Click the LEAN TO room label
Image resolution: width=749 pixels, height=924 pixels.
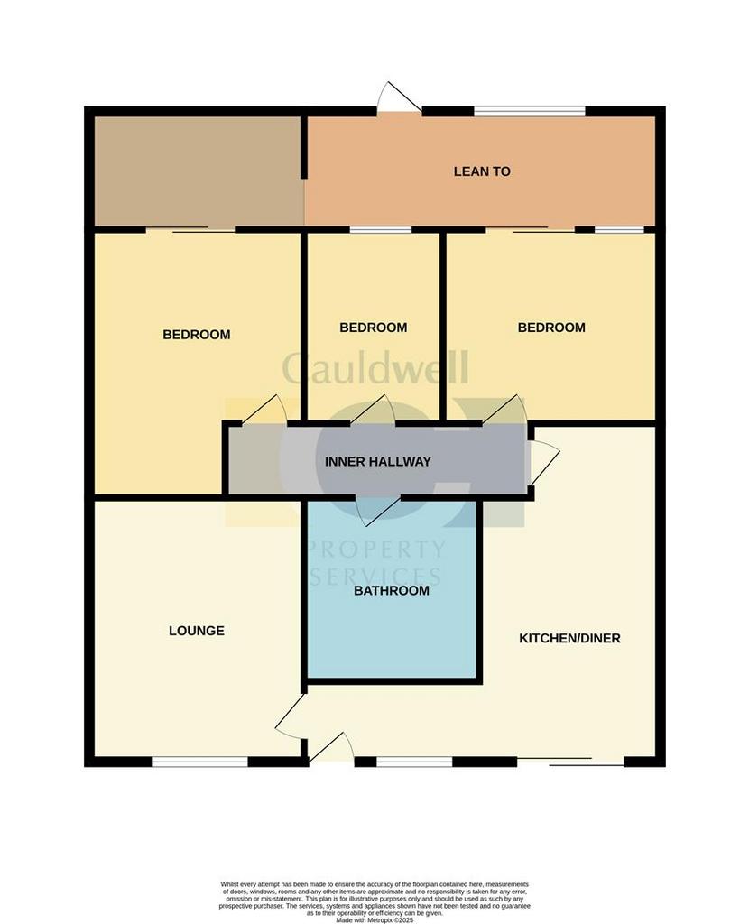click(x=482, y=171)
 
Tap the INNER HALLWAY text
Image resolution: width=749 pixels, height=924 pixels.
click(x=378, y=461)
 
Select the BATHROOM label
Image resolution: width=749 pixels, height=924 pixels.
click(x=392, y=590)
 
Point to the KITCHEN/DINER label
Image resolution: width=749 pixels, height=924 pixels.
click(x=569, y=638)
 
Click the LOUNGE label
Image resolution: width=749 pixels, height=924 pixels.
click(x=196, y=631)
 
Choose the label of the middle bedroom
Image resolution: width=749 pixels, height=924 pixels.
click(x=373, y=327)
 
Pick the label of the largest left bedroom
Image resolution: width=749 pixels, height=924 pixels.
click(x=196, y=335)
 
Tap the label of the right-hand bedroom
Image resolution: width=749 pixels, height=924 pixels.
click(x=551, y=327)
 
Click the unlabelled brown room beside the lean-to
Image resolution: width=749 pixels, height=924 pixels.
click(x=199, y=171)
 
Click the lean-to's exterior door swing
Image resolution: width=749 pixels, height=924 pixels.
click(x=398, y=96)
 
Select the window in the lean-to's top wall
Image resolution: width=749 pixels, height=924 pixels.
click(x=529, y=110)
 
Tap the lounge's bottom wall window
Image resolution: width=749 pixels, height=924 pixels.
click(x=199, y=762)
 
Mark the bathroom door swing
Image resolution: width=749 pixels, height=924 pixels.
click(x=378, y=512)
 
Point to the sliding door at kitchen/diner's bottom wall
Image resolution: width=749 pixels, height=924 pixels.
click(x=570, y=762)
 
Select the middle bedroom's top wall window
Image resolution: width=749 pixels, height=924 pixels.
click(x=381, y=229)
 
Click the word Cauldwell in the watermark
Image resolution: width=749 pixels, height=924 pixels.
click(x=375, y=367)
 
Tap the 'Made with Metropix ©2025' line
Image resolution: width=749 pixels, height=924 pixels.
click(x=374, y=919)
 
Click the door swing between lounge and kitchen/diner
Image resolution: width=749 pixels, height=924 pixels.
click(x=291, y=715)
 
